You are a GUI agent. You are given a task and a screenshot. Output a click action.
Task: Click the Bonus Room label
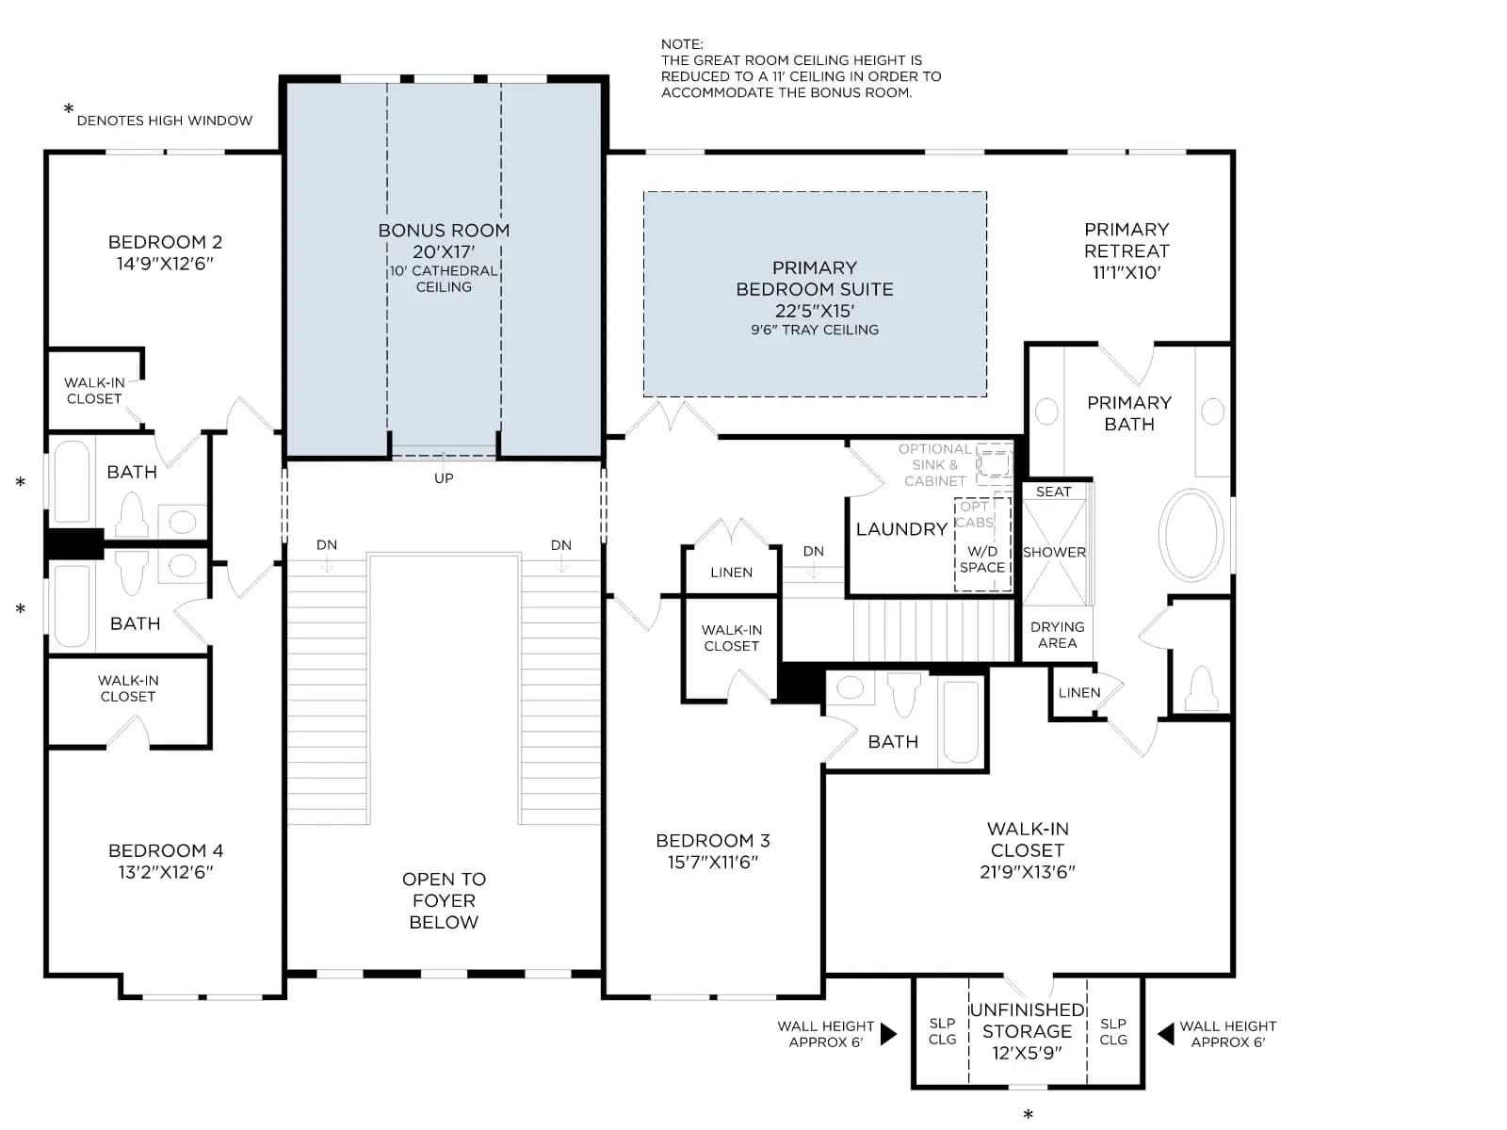coord(444,231)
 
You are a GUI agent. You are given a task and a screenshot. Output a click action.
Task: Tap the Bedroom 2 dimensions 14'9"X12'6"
coord(165,265)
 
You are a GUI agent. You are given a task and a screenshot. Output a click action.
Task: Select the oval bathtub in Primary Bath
coord(1191,535)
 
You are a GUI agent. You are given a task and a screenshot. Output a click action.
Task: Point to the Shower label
coord(1054,553)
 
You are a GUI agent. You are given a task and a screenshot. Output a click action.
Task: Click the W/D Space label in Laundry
coord(981,559)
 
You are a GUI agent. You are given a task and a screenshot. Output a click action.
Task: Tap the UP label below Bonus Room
coord(444,478)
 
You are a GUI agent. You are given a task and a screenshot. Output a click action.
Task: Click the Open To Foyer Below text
coord(444,900)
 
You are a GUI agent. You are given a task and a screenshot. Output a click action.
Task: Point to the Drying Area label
coord(1058,635)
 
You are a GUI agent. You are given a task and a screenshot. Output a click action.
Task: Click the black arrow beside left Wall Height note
coord(888,1033)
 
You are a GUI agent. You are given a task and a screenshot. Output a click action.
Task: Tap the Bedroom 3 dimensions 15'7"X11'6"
coord(713,863)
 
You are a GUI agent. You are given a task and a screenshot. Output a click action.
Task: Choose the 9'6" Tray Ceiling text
coord(815,330)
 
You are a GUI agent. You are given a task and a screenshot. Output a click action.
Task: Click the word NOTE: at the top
coord(682,44)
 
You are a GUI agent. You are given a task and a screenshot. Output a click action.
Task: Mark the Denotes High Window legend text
coord(165,121)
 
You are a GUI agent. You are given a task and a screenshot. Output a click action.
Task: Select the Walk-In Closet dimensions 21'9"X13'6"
coord(1027,872)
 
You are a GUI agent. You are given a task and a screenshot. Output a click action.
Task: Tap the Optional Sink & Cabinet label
coord(934,465)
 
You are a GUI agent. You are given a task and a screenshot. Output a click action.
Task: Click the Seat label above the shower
coord(1053,492)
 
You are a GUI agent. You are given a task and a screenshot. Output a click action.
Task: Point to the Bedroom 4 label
coord(166,850)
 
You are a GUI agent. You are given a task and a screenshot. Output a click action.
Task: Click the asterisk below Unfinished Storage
coord(1028,1115)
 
